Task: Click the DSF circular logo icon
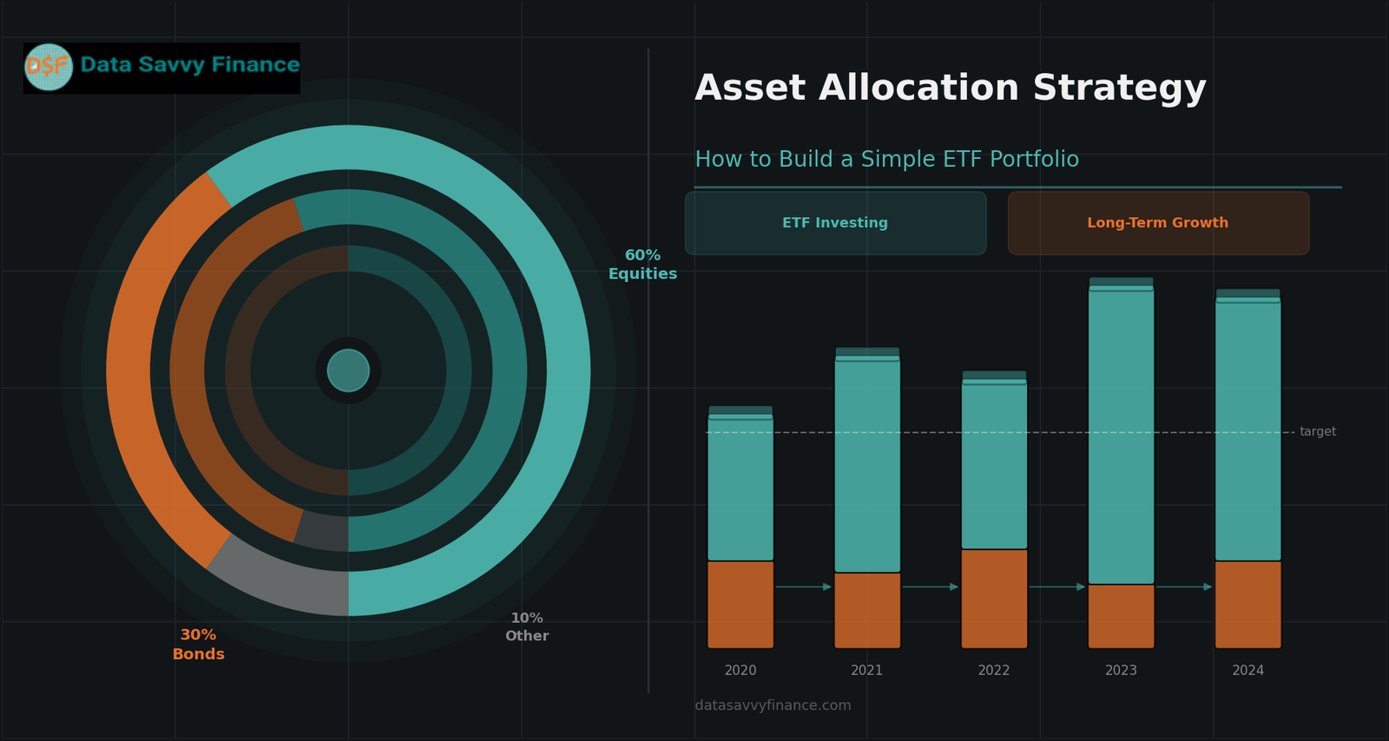[x=49, y=67]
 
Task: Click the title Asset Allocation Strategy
[x=950, y=89]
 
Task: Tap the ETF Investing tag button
[x=835, y=223]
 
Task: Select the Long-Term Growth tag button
[x=1157, y=223]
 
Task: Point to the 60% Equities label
[x=642, y=265]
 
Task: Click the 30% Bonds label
[x=198, y=645]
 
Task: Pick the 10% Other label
[x=527, y=627]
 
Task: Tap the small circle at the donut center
[x=348, y=370]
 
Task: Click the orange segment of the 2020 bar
[x=741, y=604]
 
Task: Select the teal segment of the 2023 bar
[x=1121, y=434]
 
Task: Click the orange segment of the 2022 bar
[x=994, y=599]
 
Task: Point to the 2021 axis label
[x=866, y=671]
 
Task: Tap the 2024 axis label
[x=1247, y=671]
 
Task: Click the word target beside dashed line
[x=1317, y=432]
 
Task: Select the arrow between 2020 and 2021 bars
[x=803, y=587]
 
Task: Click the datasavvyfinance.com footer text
[x=773, y=705]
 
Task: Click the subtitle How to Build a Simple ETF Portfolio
[x=886, y=160]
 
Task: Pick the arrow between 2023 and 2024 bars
[x=1184, y=587]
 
